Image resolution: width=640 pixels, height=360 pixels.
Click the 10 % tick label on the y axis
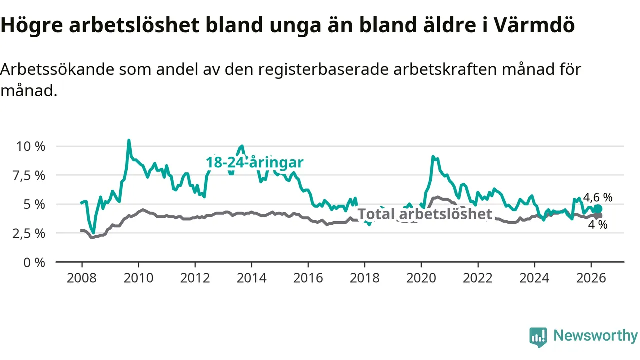[x=31, y=147]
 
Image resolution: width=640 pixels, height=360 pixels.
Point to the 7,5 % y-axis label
[x=29, y=176]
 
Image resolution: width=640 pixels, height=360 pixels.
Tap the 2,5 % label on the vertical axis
[x=29, y=234]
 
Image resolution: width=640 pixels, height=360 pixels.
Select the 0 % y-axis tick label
[x=34, y=263]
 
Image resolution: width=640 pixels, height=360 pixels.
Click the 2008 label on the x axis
[x=82, y=278]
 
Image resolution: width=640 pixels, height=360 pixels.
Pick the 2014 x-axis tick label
[x=251, y=278]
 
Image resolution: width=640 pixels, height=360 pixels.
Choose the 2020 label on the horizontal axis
[x=421, y=278]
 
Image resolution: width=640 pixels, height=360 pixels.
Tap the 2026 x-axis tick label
[x=591, y=278]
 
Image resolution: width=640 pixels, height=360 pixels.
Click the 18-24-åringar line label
[x=255, y=162]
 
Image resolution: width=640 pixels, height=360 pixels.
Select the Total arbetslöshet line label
[x=425, y=214]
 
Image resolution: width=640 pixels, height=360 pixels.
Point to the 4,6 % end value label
[x=598, y=197]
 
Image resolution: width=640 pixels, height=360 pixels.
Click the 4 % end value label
[x=598, y=225]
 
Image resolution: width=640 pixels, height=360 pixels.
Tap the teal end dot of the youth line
[x=598, y=209]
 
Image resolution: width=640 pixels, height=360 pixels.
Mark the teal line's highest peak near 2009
[x=129, y=140]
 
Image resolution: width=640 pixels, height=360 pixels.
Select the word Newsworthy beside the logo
[x=595, y=335]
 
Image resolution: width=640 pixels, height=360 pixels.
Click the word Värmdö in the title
[x=534, y=25]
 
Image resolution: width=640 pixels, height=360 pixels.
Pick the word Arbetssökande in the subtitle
[x=57, y=69]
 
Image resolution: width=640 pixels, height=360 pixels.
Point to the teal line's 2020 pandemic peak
[x=433, y=156]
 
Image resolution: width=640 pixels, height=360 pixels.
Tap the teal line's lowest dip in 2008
[x=93, y=233]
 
